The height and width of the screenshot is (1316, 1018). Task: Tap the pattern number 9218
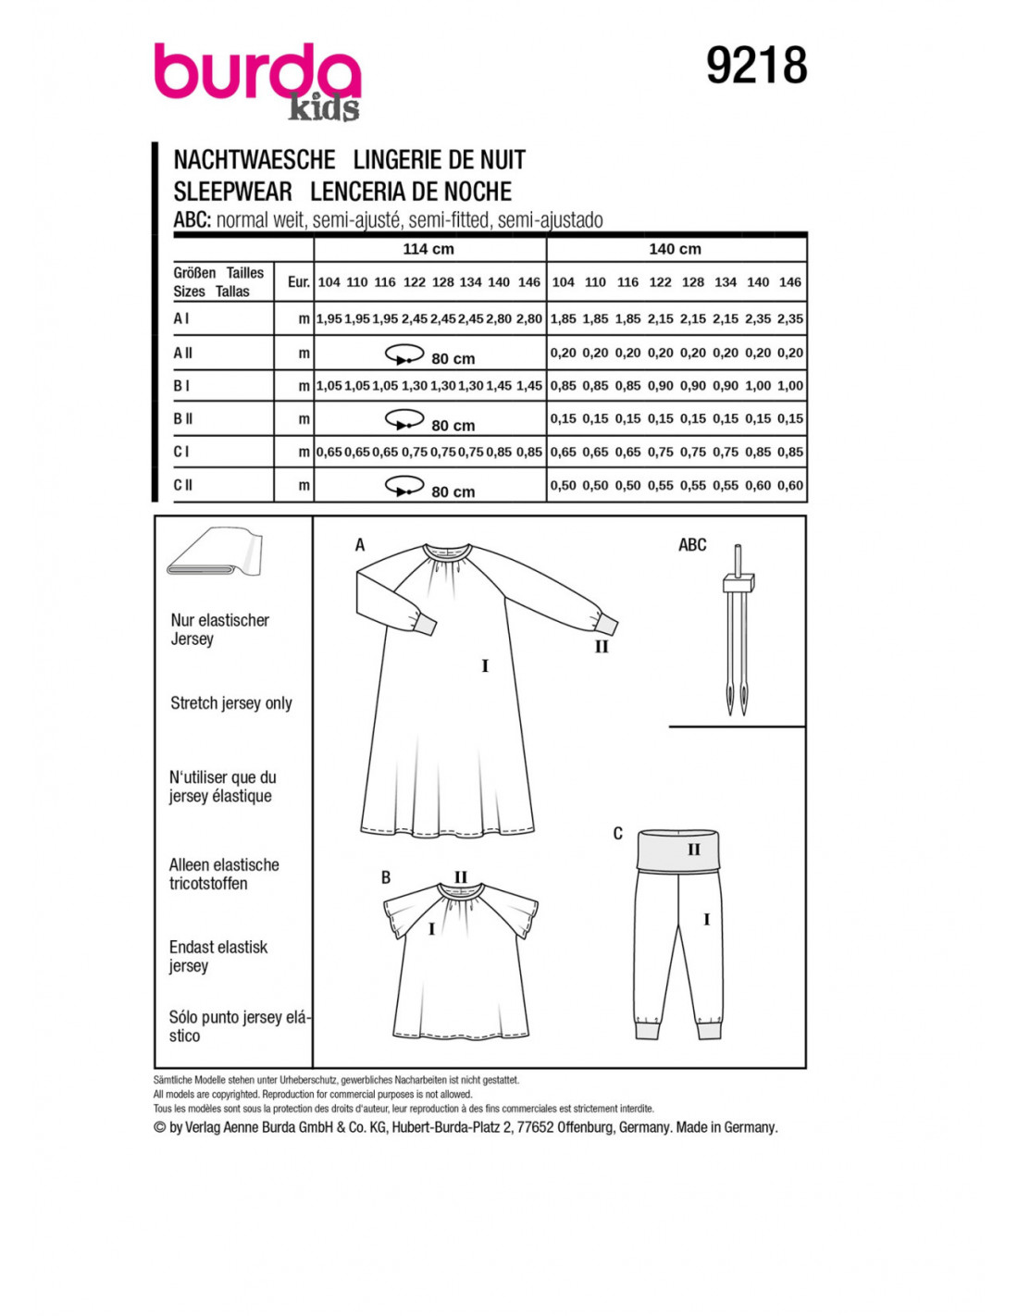[x=756, y=67]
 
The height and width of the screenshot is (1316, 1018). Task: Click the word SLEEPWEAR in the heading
[x=232, y=192]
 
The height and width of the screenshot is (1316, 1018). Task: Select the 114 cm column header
[x=428, y=249]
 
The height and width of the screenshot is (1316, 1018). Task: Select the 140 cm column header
[x=675, y=249]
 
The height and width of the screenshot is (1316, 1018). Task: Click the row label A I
[x=181, y=318]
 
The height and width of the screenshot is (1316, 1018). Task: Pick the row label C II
[x=183, y=485]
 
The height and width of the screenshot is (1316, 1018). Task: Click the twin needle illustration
[x=738, y=629]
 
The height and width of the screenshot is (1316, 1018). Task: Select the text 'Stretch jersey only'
[x=230, y=703]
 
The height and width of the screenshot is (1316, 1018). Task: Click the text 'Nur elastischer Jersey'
[x=219, y=629]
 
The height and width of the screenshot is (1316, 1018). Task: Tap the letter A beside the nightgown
[x=360, y=545]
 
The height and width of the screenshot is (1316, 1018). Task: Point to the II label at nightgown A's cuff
[x=602, y=647]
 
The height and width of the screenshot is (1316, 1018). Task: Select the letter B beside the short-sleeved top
[x=386, y=877]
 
